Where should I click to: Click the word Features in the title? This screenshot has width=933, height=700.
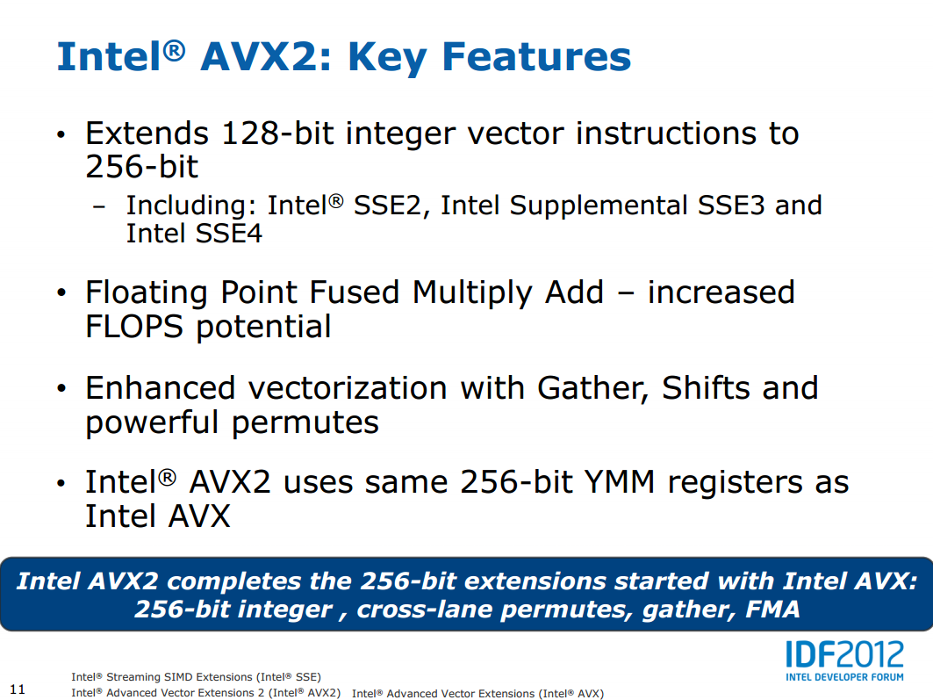point(536,56)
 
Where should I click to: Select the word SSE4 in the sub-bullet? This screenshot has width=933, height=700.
point(228,233)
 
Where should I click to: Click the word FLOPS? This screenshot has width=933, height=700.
point(134,326)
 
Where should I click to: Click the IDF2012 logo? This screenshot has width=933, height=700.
point(844,654)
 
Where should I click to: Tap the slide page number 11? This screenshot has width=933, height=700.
point(18,689)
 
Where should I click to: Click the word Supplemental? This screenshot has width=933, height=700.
point(599,206)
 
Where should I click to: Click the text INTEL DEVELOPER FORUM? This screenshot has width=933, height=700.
point(844,677)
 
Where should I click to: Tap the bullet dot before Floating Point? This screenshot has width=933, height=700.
point(61,292)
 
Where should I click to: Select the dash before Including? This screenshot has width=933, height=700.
point(99,206)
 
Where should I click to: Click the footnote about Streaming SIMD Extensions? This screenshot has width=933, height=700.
point(197,677)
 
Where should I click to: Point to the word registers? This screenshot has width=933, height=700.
point(735,483)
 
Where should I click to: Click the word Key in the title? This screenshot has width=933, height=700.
point(387,58)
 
